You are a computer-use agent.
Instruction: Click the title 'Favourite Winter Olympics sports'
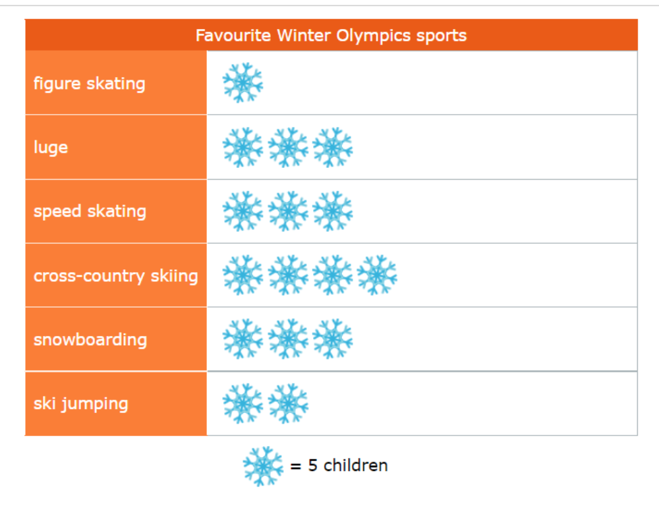click(331, 36)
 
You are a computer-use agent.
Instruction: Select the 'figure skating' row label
click(90, 84)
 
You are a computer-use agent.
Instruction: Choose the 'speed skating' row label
click(90, 211)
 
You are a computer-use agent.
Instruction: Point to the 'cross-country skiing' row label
click(115, 276)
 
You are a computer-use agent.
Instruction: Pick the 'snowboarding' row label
click(90, 339)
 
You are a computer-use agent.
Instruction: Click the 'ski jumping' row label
click(80, 404)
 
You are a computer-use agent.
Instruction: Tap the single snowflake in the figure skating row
click(243, 83)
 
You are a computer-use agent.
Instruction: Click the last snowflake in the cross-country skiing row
click(377, 275)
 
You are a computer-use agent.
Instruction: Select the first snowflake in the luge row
click(243, 148)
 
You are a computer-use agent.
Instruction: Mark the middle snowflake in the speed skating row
click(288, 211)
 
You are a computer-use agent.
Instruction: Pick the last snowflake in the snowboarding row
click(332, 339)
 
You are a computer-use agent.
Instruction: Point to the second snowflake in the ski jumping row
click(288, 403)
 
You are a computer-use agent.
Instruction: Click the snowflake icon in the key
click(263, 466)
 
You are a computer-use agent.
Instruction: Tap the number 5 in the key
click(312, 466)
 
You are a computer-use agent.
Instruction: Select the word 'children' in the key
click(356, 466)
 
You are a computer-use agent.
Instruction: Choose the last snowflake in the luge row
click(332, 148)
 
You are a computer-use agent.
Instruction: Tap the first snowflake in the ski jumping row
click(243, 403)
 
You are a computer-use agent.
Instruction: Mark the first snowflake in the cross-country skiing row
click(243, 275)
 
